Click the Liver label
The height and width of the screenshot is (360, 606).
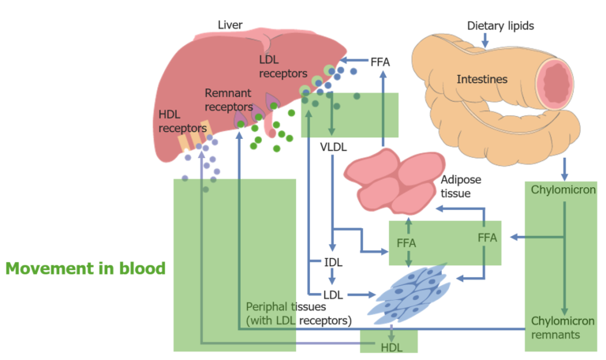coord(230,26)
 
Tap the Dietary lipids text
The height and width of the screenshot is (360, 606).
coord(500,26)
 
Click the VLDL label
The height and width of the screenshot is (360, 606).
coord(334,146)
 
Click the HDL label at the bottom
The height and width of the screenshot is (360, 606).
coord(391,347)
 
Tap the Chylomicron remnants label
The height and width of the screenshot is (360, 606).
coord(563,327)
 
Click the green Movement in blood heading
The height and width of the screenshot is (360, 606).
coord(85,268)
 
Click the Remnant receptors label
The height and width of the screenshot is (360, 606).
coord(229,99)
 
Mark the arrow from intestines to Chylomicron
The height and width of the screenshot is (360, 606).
coord(564,167)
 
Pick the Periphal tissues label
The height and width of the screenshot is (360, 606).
coord(298,313)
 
